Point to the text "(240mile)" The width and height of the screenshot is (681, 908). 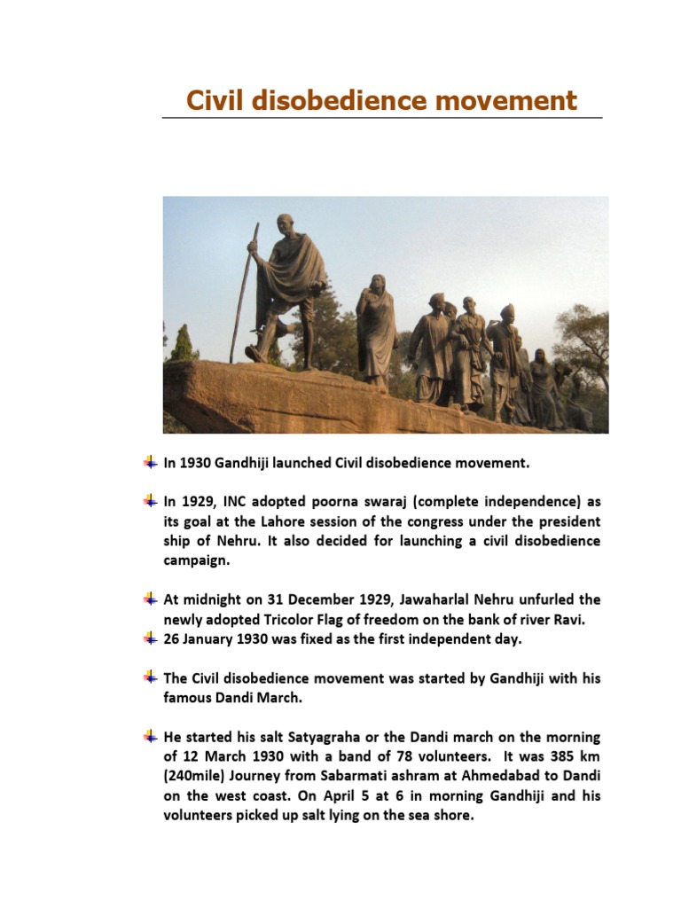pyautogui.click(x=194, y=776)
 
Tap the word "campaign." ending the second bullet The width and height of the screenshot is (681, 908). pyautogui.click(x=196, y=560)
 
